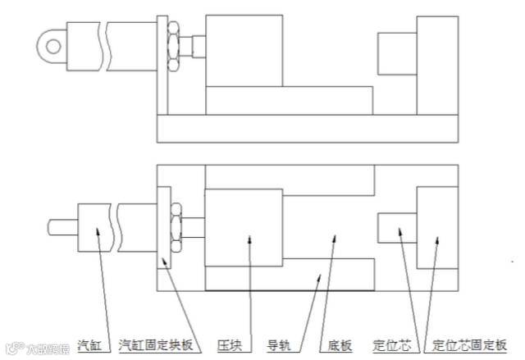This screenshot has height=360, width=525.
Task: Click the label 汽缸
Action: click(90, 344)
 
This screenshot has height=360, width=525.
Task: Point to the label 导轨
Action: click(281, 344)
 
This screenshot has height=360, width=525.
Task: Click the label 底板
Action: click(340, 344)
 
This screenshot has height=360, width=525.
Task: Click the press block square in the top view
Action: click(244, 229)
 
